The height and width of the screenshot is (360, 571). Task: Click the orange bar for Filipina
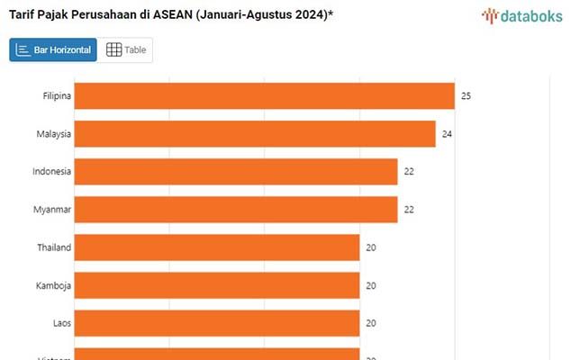coord(264,95)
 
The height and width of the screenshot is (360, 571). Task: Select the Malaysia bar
coord(255,134)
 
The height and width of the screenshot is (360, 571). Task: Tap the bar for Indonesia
coord(235,171)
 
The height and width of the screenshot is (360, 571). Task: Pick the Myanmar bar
coord(235,210)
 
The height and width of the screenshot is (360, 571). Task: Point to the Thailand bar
coord(216,247)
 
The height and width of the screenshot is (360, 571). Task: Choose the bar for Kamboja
coord(216,285)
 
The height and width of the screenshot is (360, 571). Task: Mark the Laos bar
coord(216,322)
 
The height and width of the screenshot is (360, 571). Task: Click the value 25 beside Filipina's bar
coord(467,95)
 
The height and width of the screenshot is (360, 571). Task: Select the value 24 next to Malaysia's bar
coord(448,134)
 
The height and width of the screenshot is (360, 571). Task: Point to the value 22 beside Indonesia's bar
coord(410,171)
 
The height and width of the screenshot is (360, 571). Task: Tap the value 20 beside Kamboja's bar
coord(371,285)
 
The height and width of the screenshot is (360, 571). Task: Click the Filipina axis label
coord(57,95)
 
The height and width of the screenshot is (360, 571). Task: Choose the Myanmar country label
coord(52,210)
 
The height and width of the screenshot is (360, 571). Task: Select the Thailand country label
coord(54,247)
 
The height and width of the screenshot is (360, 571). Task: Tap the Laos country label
coord(62,322)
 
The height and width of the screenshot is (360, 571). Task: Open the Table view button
coord(126,50)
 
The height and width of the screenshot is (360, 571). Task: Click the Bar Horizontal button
coord(53,50)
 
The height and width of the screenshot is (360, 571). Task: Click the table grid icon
coord(113,50)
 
